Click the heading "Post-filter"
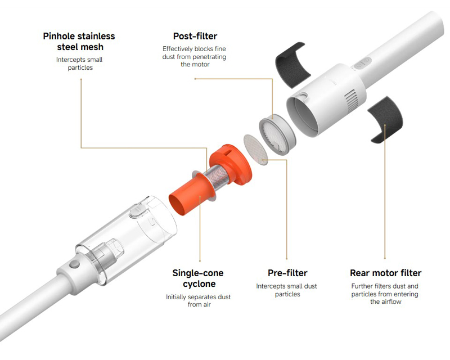point(195,36)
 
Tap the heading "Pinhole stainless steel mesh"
point(79,41)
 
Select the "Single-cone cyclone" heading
point(198,278)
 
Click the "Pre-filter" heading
point(287,273)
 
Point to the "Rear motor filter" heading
point(386,273)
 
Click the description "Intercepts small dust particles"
point(287,290)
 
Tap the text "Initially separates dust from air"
point(199,300)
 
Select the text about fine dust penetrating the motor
point(194,57)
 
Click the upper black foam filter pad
point(292,65)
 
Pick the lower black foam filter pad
point(386,119)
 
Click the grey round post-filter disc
point(277,134)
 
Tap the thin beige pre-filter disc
point(255,150)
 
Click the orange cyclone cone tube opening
point(180,204)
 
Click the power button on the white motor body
point(362,63)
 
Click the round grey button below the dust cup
point(75,264)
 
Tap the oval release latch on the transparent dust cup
point(136,211)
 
